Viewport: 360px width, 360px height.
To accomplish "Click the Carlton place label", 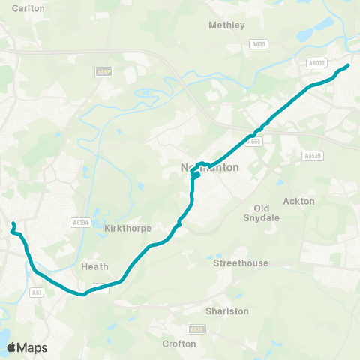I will pyautogui.click(x=29, y=7).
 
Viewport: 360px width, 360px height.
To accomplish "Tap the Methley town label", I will pyautogui.click(x=226, y=25).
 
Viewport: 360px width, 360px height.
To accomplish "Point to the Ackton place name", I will pyautogui.click(x=299, y=201).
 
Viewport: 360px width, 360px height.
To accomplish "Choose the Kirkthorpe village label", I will pyautogui.click(x=128, y=228).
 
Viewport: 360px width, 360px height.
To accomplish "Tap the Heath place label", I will pyautogui.click(x=94, y=266).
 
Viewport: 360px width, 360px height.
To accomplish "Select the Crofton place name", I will pyautogui.click(x=179, y=343).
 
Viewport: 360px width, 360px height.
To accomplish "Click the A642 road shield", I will pyautogui.click(x=104, y=72).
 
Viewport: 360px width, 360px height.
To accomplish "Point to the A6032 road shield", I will pyautogui.click(x=316, y=64).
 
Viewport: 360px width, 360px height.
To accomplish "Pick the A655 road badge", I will pyautogui.click(x=256, y=141).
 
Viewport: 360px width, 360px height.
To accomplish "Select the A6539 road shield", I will pyautogui.click(x=312, y=156).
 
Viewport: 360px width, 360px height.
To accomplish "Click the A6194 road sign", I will pyautogui.click(x=79, y=222).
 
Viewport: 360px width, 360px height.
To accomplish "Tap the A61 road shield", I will pyautogui.click(x=37, y=292).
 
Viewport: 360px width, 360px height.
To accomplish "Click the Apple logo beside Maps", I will pyautogui.click(x=11, y=347).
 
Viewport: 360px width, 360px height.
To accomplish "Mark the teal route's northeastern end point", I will pyautogui.click(x=348, y=66).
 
